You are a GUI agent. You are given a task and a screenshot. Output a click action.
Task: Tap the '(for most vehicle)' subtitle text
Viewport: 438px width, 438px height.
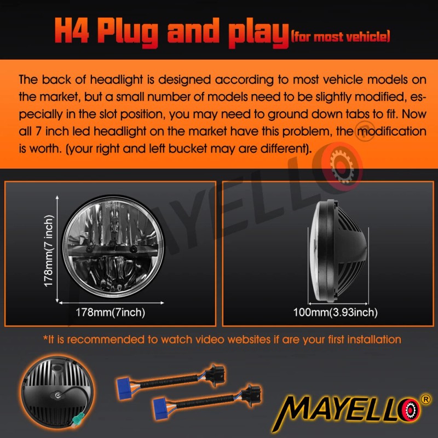(341, 37)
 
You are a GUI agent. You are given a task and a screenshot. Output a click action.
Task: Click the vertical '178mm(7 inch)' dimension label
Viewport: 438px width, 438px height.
(49, 251)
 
